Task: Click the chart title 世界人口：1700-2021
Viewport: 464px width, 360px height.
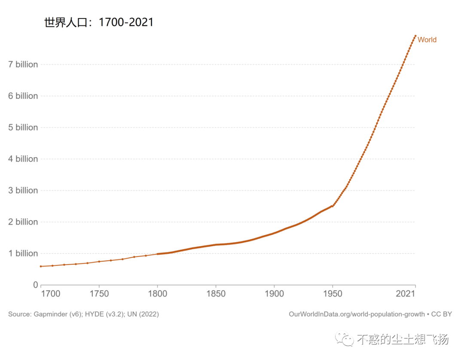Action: click(99, 22)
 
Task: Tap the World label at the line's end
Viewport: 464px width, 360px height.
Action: click(427, 40)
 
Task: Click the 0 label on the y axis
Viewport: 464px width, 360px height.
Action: click(35, 285)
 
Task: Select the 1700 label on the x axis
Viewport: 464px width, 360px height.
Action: click(51, 294)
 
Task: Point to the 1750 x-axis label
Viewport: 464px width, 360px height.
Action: click(99, 294)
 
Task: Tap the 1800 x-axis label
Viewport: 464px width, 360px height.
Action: click(157, 294)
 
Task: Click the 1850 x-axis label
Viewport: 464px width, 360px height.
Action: click(216, 294)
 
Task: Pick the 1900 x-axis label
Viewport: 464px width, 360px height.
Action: click(274, 294)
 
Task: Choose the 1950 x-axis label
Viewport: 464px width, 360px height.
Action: click(332, 294)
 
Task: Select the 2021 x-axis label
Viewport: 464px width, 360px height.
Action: click(405, 294)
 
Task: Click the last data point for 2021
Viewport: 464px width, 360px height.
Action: click(415, 36)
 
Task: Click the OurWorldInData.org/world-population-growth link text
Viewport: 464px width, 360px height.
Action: click(357, 314)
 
